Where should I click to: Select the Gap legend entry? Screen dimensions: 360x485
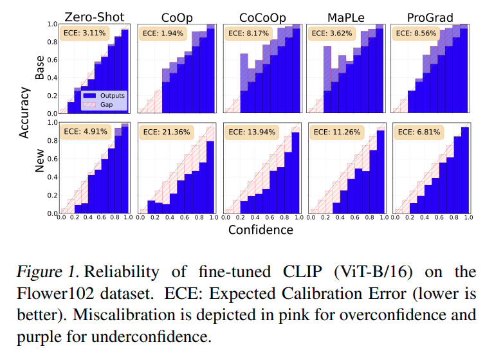click(x=100, y=104)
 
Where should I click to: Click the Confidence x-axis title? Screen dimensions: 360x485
click(x=261, y=230)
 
